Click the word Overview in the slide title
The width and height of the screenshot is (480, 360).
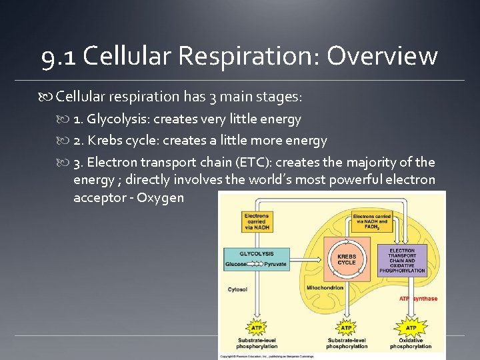pos(382,57)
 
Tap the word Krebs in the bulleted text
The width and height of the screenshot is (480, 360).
pos(105,141)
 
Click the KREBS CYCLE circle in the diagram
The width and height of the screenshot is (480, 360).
pos(347,259)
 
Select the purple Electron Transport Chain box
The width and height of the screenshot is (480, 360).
pos(402,260)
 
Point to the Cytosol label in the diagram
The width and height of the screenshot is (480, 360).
pos(238,290)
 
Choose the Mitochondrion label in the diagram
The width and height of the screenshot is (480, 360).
pos(325,288)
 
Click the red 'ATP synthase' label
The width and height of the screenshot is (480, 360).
pos(418,299)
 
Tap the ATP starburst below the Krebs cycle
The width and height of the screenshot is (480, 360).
pos(346,327)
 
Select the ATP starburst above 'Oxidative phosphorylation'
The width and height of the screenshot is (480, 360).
pos(411,327)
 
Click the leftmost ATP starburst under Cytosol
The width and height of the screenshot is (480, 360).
pos(256,327)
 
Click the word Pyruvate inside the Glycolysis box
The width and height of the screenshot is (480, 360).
pos(275,264)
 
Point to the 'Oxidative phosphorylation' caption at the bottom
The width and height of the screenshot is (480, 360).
pos(411,343)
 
